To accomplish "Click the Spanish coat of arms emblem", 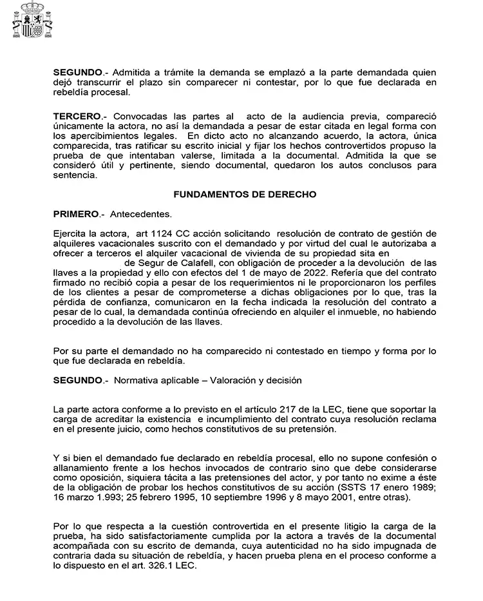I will click(32, 23).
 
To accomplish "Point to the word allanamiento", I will click(81, 468).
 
